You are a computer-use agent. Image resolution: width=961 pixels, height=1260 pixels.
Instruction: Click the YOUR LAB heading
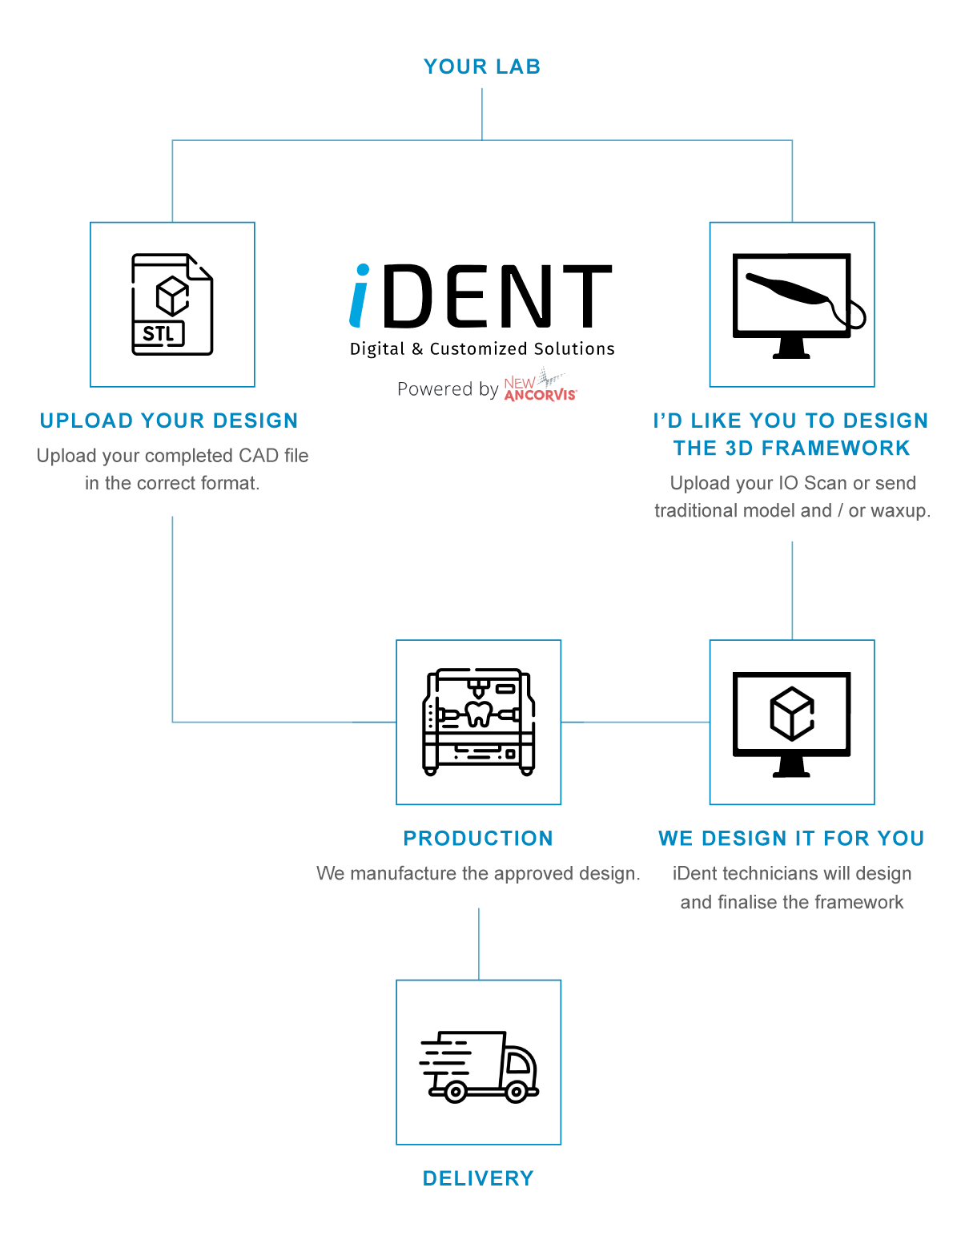(482, 66)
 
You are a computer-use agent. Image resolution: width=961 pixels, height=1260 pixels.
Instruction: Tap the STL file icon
(172, 304)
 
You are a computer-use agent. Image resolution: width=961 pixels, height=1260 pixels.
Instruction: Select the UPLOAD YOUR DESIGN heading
(169, 421)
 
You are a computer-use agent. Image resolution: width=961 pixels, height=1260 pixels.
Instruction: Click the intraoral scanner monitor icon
(792, 304)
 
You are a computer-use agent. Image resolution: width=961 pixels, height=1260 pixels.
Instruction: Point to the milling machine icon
(479, 722)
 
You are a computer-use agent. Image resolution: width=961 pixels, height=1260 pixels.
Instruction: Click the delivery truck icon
(479, 1065)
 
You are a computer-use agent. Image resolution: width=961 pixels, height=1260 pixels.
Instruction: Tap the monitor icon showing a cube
(792, 722)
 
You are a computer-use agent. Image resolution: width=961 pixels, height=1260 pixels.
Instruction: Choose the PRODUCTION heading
(478, 839)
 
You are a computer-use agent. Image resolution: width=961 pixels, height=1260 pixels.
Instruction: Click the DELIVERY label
(478, 1178)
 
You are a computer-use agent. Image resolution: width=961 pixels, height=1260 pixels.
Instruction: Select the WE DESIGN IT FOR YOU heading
(791, 839)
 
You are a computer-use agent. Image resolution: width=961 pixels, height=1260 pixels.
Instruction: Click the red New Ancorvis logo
(540, 389)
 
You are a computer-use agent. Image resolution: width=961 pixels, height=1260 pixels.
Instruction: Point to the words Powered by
(448, 389)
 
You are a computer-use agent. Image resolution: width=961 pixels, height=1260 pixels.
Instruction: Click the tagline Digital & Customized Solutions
(482, 349)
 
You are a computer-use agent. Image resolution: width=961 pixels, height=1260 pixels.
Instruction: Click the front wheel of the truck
(517, 1091)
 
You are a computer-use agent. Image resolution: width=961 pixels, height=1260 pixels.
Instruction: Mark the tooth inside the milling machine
(479, 713)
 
